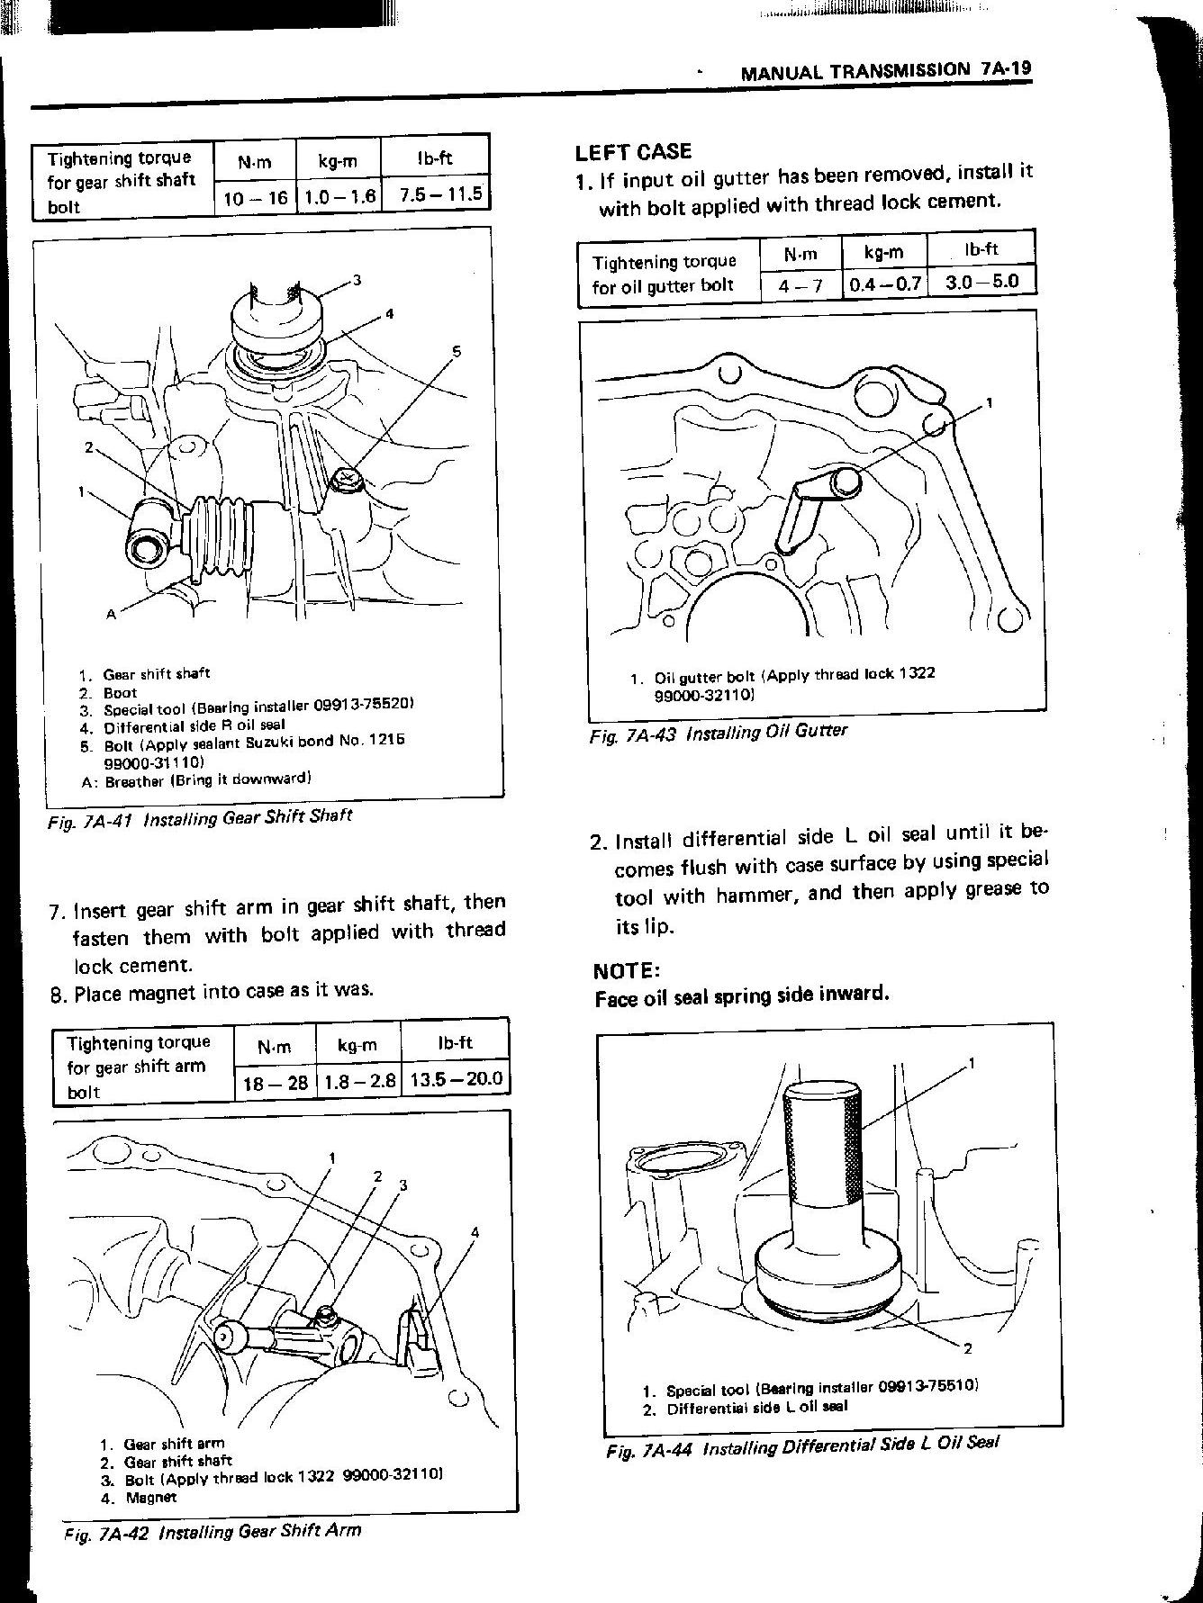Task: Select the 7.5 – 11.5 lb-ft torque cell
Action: coord(436,194)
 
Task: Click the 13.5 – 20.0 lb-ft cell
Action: coord(456,1079)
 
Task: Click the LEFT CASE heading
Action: coord(633,151)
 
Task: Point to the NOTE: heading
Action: coord(627,970)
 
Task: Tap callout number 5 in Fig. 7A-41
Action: coord(456,352)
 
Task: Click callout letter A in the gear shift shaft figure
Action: coord(111,615)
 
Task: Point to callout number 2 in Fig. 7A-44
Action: coord(967,1347)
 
